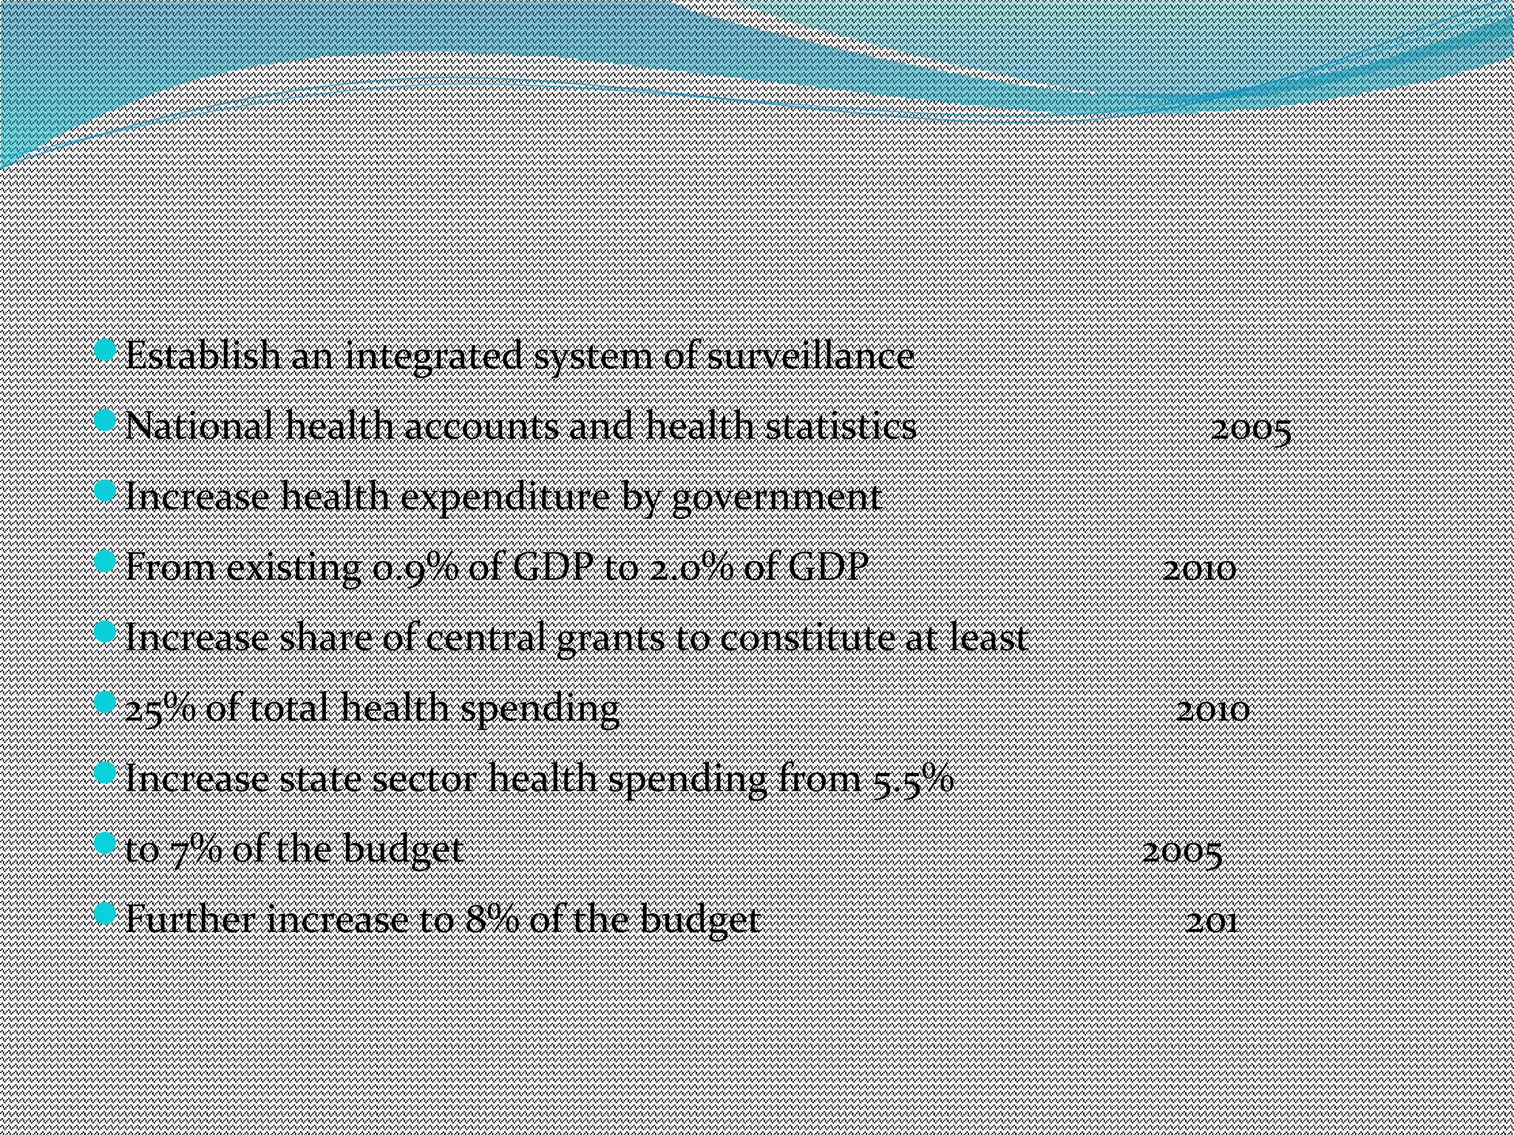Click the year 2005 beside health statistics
point(1251,429)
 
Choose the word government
point(776,497)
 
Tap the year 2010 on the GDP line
point(1199,570)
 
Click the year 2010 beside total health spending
point(1212,711)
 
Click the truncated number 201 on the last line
point(1212,922)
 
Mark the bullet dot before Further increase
point(106,914)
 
